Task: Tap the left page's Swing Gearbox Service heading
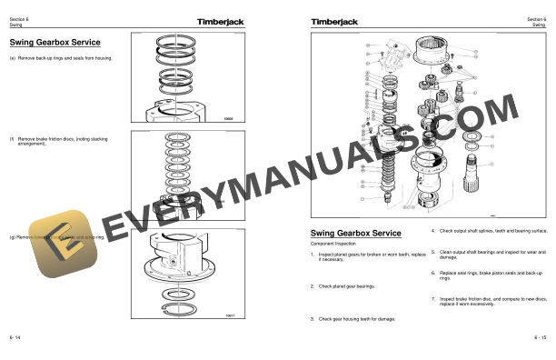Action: [x=55, y=42]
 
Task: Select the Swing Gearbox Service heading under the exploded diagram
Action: [x=356, y=233]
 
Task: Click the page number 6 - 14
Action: [x=15, y=336]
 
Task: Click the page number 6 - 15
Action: [x=540, y=336]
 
